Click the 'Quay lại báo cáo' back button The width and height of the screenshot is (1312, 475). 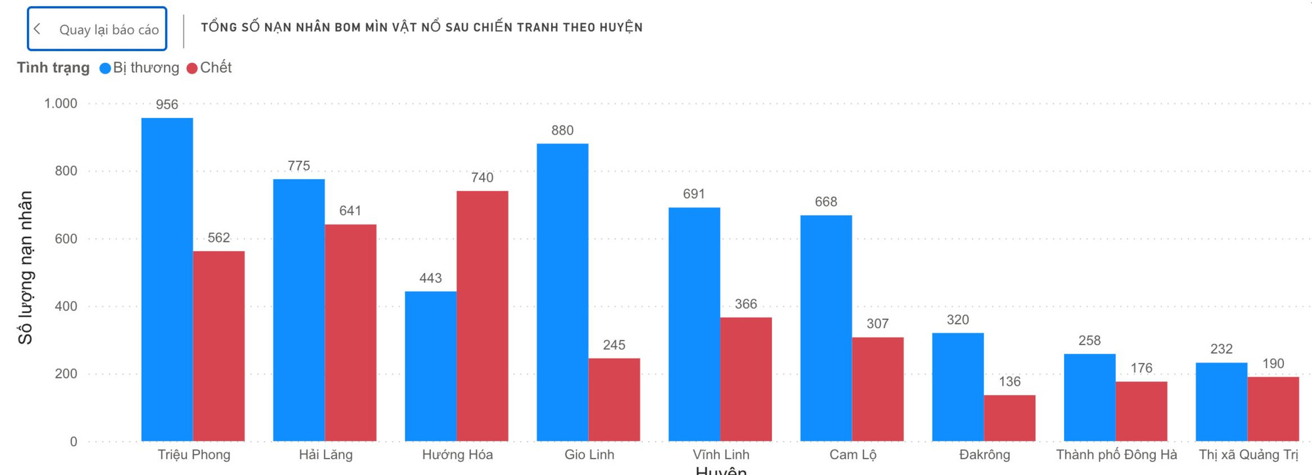pos(97,29)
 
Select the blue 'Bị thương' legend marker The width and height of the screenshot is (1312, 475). pos(105,68)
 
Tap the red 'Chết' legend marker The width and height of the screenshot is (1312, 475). pos(192,68)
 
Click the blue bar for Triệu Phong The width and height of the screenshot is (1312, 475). pos(167,279)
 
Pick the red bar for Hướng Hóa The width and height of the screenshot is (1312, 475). pos(482,316)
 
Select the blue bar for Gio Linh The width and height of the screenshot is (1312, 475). pos(562,292)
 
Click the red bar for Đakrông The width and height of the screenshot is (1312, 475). pos(1010,418)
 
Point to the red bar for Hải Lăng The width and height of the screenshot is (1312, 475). pos(350,333)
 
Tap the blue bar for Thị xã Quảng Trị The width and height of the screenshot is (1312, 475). pos(1221,402)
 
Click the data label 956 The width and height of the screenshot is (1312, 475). pos(167,104)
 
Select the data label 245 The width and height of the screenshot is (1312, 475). pos(614,345)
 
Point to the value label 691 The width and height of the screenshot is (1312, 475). pos(694,194)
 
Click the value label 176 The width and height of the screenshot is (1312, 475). pos(1141,368)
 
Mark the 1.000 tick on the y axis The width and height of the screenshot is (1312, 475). pos(60,104)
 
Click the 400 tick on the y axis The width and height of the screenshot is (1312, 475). pos(66,306)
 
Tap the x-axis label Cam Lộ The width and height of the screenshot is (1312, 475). pos(853,455)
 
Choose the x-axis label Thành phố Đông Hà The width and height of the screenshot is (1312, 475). pos(1117,455)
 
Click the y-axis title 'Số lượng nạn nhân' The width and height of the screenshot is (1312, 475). pos(25,268)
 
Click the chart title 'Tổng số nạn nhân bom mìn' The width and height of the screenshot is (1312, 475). pos(422,28)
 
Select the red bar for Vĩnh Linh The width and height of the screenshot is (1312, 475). pos(746,379)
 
